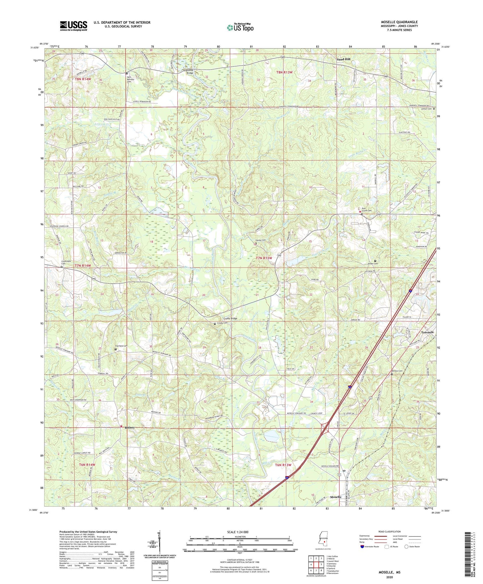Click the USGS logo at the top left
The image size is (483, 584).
[73, 25]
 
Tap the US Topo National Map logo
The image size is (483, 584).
[240, 27]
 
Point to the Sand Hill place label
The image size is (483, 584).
[343, 59]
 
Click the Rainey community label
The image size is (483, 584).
[130, 427]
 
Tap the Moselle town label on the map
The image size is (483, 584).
[336, 497]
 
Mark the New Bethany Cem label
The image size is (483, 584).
[130, 79]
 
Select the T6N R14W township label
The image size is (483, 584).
[87, 465]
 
